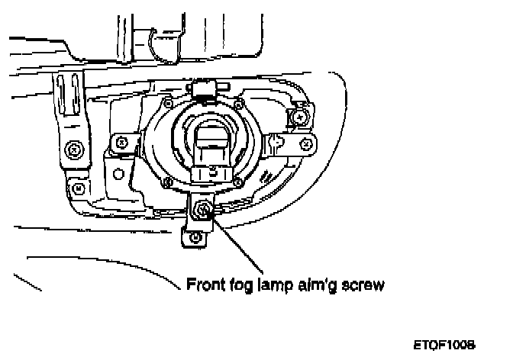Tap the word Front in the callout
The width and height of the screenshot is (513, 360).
(206, 286)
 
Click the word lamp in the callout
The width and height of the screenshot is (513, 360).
(276, 287)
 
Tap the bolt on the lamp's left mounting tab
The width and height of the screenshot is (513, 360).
(121, 141)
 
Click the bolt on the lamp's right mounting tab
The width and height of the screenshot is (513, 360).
(276, 141)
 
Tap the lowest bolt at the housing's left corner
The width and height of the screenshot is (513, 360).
(78, 187)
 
